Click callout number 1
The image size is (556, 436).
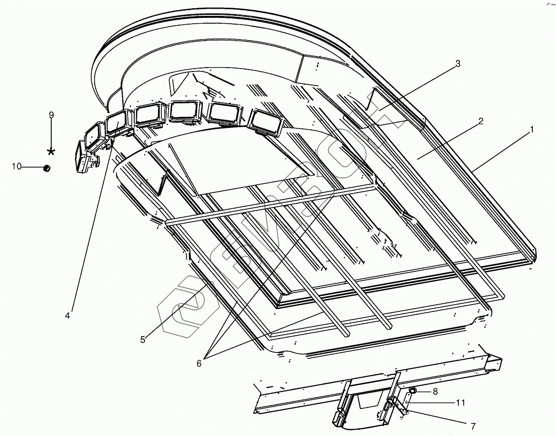[x=532, y=129]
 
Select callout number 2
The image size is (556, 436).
[x=481, y=121]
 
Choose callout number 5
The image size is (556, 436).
[x=143, y=339]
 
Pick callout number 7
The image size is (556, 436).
[x=473, y=426]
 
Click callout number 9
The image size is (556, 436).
[x=51, y=114]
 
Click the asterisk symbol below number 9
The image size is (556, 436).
[x=51, y=152]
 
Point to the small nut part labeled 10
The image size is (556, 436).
[x=47, y=168]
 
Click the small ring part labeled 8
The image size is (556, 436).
[x=413, y=390]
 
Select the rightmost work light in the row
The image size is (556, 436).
[x=265, y=122]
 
